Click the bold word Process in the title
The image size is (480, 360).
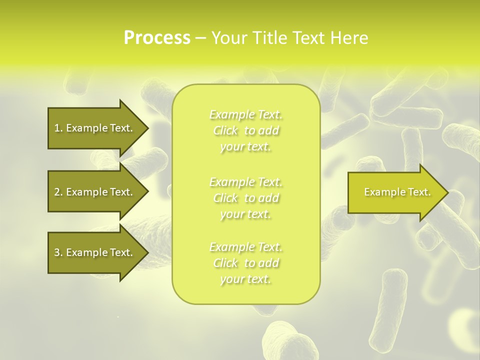157,38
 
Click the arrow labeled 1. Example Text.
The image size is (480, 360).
95,128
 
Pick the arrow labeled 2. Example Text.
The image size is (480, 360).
95,192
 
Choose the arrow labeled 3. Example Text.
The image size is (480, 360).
95,252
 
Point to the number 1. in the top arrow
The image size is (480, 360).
58,128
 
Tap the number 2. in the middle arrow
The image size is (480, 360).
58,192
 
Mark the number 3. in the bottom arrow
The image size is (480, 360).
58,252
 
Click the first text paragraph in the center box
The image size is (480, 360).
246,130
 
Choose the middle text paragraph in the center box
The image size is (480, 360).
246,198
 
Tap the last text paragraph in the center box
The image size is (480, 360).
246,263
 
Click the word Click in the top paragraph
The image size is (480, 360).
226,131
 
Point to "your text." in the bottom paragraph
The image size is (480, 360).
245,279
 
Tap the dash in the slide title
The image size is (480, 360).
201,38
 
